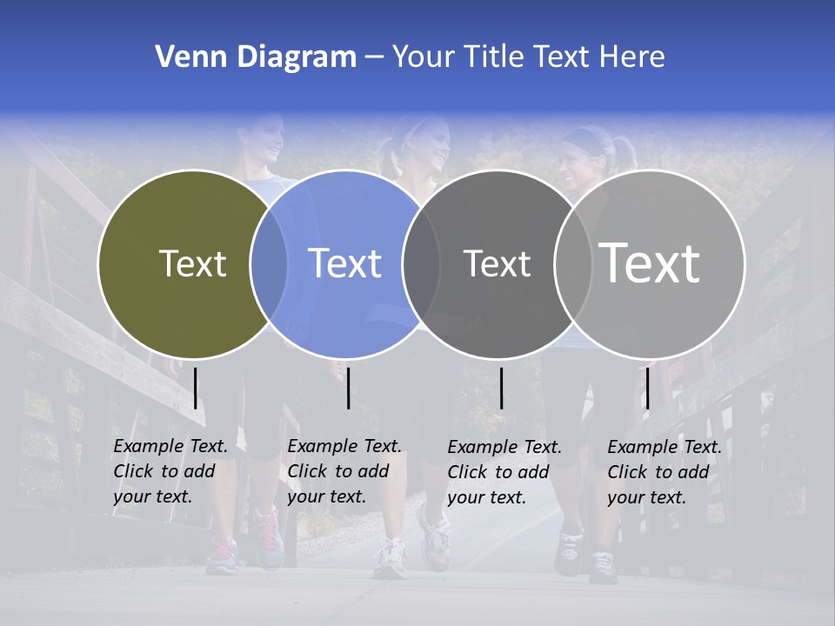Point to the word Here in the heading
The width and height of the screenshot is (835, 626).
632,57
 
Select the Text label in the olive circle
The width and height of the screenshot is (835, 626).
192,263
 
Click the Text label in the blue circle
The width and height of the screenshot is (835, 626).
344,263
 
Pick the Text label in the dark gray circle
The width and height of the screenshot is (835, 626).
497,263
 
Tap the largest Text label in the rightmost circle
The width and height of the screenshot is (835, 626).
650,263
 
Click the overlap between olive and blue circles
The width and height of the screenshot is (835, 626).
269,264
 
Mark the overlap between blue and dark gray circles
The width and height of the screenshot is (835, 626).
421,264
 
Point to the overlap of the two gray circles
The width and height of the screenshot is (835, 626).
572,264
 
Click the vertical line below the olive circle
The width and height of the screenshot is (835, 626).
196,388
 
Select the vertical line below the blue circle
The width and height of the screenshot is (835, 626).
348,388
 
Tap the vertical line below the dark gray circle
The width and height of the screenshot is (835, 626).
501,388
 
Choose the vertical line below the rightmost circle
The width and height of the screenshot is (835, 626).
647,388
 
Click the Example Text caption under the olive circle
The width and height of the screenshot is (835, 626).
170,471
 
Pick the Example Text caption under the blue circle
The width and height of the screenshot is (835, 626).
344,471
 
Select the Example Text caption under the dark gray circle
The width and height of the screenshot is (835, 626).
504,472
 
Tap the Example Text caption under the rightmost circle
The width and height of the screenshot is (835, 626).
665,472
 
